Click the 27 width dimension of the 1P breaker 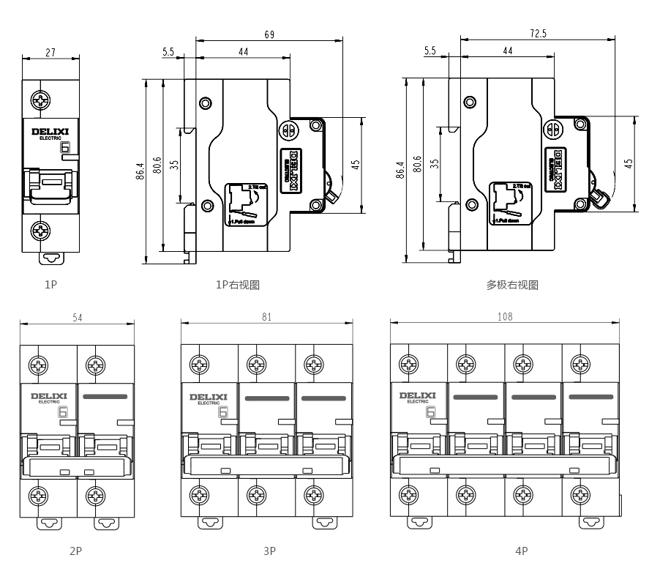(x=50, y=53)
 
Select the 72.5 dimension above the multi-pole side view (x=540, y=33)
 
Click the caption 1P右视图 (x=238, y=285)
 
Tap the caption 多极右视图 (x=512, y=285)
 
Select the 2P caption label (x=75, y=551)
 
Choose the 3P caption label (x=269, y=551)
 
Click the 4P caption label (x=521, y=551)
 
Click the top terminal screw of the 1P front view (x=41, y=98)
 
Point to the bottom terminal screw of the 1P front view (x=41, y=232)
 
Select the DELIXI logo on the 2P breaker (x=48, y=396)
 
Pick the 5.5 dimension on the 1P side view (x=168, y=52)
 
